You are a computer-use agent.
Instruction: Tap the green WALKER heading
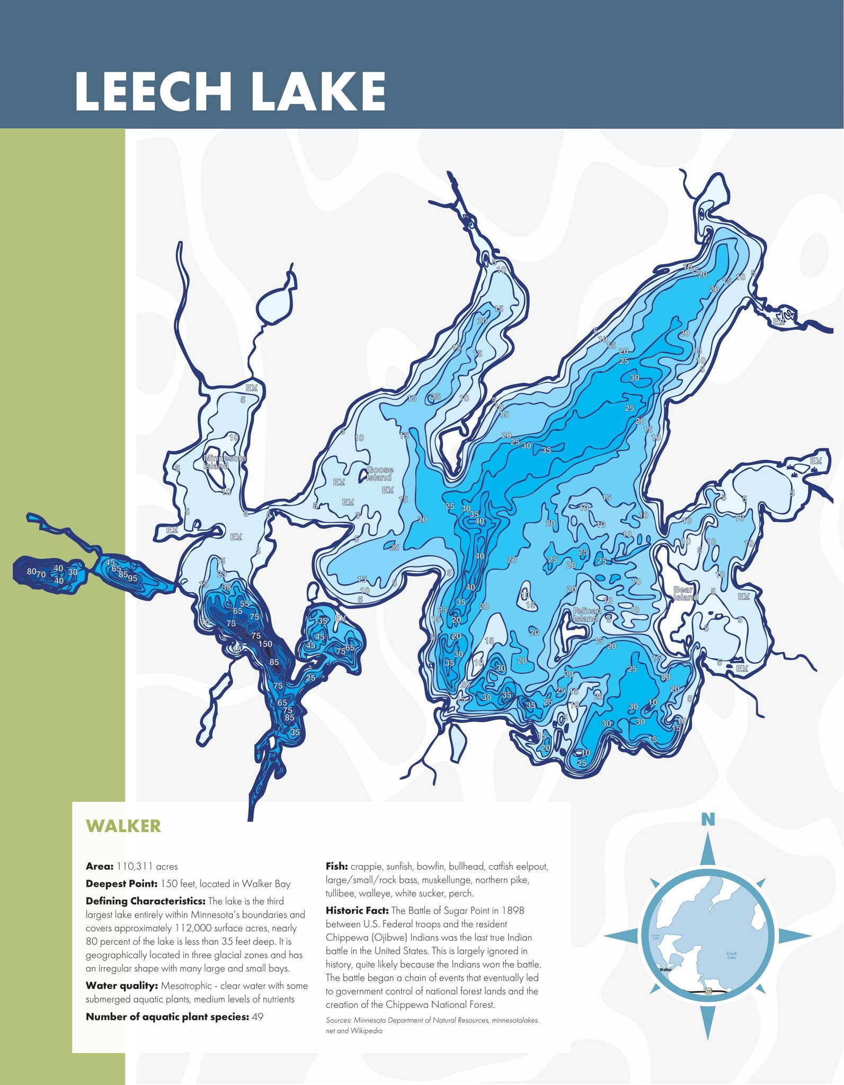pyautogui.click(x=123, y=826)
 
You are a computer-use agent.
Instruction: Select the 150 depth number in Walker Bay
pyautogui.click(x=265, y=644)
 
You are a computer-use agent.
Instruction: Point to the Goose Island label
pyautogui.click(x=380, y=474)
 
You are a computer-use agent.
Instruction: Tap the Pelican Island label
pyautogui.click(x=587, y=615)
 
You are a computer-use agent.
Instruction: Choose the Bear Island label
pyautogui.click(x=685, y=593)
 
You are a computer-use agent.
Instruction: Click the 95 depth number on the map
pyautogui.click(x=132, y=579)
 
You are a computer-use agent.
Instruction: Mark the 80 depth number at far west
pyautogui.click(x=31, y=572)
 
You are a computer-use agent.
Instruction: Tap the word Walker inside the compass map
pyautogui.click(x=665, y=970)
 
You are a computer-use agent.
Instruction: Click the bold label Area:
pyautogui.click(x=100, y=867)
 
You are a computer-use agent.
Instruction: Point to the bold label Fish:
pyautogui.click(x=336, y=867)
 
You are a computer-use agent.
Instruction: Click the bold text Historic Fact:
pyautogui.click(x=357, y=910)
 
